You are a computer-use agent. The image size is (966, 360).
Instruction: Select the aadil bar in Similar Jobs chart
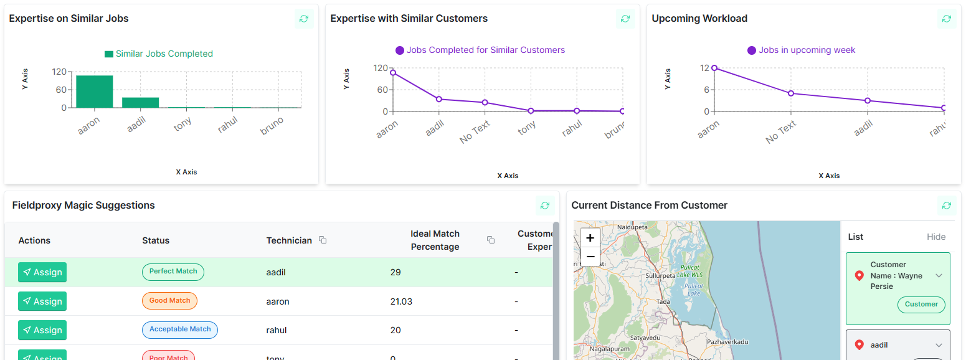pos(140,102)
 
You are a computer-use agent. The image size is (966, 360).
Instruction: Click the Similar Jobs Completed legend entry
pos(159,54)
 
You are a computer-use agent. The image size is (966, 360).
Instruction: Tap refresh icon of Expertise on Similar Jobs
pos(304,19)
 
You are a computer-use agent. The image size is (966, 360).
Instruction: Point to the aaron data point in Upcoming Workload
pos(714,68)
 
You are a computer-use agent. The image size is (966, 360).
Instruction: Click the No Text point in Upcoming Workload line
pos(790,93)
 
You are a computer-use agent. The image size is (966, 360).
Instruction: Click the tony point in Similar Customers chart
pos(531,111)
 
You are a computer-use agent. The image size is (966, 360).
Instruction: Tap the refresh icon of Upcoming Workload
pos(947,19)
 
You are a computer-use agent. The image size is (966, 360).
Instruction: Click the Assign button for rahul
pos(42,330)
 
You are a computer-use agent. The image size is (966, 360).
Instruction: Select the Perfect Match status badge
pos(173,272)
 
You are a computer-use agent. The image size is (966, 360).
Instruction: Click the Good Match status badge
pos(169,301)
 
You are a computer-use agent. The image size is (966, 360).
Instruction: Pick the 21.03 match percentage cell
pos(401,301)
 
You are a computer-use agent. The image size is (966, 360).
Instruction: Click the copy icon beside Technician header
pos(323,240)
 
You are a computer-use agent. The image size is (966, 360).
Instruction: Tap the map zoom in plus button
pos(590,238)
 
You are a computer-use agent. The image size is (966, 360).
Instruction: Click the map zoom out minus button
pos(590,257)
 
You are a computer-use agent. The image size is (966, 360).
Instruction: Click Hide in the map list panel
pos(935,237)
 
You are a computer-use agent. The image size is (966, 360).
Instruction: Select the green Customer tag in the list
pos(921,305)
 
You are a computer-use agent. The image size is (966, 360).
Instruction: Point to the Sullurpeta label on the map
pos(661,275)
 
